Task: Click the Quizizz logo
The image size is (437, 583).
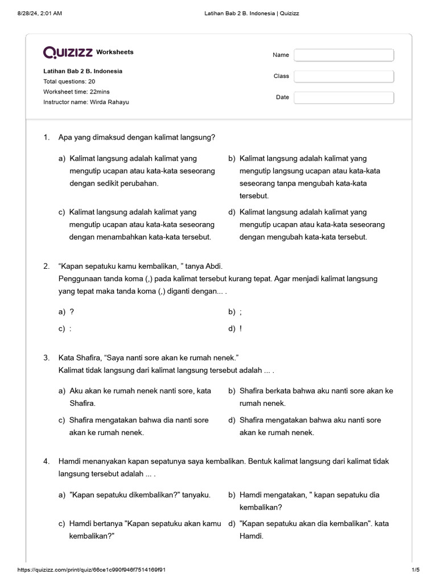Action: [68, 52]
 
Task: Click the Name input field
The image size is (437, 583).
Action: [344, 55]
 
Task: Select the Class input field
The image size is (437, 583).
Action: [344, 76]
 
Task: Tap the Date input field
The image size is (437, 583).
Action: [344, 97]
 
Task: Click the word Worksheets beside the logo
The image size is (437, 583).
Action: [115, 52]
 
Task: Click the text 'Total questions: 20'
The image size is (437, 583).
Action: [69, 81]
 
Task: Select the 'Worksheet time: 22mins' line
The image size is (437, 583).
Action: [76, 92]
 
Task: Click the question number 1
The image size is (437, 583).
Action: [46, 137]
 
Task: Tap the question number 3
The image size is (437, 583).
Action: [46, 358]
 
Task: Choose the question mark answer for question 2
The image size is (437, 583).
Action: [72, 312]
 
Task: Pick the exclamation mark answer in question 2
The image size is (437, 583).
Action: [241, 329]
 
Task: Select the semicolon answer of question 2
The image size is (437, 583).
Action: [241, 312]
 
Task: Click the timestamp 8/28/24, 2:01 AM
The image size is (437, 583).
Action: [39, 13]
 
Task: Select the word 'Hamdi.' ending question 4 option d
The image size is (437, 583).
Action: [252, 536]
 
